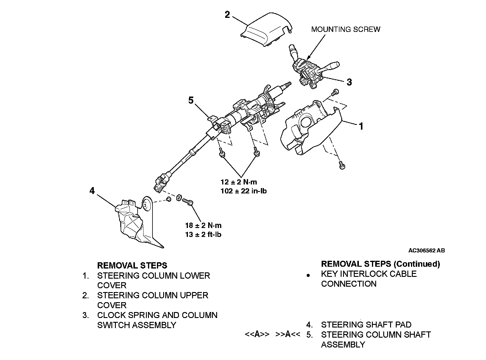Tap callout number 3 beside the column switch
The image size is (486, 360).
(349, 82)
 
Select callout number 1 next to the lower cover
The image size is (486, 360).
(361, 126)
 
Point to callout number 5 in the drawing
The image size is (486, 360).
(191, 100)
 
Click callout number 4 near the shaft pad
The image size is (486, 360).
(92, 190)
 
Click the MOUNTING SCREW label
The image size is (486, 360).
(345, 29)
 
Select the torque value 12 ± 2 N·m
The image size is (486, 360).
(239, 182)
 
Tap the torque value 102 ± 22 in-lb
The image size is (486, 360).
(243, 191)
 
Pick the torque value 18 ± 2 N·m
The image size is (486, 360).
(203, 225)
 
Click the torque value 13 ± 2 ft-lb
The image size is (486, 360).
(203, 234)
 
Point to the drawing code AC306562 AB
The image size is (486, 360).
(426, 251)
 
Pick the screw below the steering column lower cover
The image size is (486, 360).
(342, 165)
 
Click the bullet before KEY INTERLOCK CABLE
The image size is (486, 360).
(308, 276)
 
